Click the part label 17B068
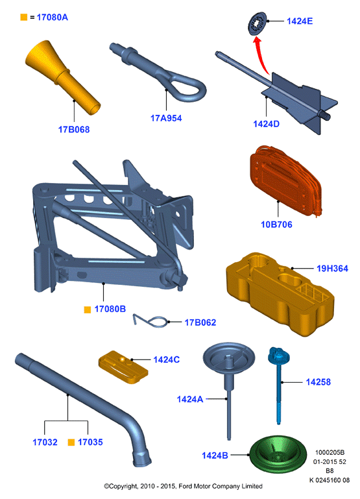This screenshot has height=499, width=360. coord(74,130)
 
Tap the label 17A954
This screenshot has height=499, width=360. coord(166,118)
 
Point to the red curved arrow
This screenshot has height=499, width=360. coord(262,56)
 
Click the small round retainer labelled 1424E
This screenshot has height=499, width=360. coord(257,23)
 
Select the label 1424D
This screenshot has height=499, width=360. coord(266,124)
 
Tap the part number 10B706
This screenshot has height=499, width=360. coord(276,225)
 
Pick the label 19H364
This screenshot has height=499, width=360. coord(332,269)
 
